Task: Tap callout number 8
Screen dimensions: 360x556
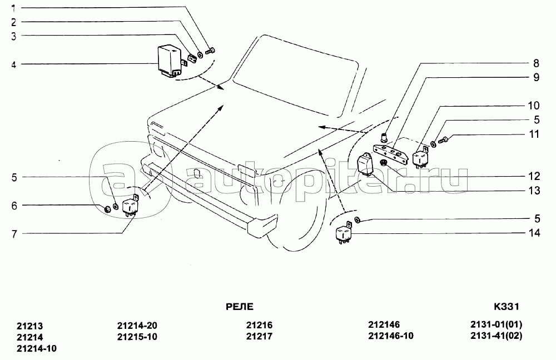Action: pos(536,63)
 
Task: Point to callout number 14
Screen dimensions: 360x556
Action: pos(535,233)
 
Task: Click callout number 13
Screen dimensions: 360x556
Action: pos(535,191)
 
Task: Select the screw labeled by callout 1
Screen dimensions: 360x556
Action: pos(210,51)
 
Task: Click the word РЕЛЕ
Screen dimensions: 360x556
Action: pos(240,306)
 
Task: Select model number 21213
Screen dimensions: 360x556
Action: pos(30,326)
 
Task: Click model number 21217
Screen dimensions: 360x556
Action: pos(259,336)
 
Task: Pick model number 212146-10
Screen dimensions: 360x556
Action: pos(391,336)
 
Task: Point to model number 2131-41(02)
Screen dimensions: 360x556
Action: pos(497,336)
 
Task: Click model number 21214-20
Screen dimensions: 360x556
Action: pos(137,326)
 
